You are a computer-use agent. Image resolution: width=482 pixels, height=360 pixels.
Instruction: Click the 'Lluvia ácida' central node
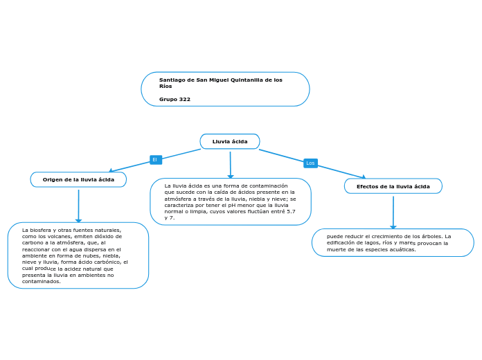[230, 141]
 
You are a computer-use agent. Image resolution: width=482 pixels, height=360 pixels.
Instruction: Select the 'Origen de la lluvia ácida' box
[78, 179]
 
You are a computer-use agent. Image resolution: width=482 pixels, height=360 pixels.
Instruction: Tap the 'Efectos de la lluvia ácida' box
[393, 186]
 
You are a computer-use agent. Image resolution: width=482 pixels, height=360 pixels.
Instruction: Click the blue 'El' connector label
[156, 159]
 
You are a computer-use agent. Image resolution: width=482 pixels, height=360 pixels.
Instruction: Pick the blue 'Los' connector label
[310, 163]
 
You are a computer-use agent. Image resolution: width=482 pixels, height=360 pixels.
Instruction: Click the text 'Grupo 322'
[175, 99]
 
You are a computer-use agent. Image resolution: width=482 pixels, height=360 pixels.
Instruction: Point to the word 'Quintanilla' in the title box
[247, 80]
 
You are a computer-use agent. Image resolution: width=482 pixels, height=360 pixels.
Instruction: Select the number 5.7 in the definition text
[291, 212]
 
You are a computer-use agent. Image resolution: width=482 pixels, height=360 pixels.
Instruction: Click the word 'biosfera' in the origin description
[41, 230]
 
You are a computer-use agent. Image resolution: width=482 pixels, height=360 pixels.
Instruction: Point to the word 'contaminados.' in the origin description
[41, 281]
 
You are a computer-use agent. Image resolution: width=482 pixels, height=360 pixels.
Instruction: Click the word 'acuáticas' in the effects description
[402, 250]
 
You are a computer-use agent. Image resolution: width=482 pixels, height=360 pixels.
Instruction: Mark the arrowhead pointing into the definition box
[231, 177]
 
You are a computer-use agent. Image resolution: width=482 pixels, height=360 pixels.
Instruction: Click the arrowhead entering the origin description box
[78, 221]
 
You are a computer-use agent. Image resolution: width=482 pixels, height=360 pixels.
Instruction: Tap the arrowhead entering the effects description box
[393, 227]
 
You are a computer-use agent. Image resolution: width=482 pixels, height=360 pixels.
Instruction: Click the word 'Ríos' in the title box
[166, 87]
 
